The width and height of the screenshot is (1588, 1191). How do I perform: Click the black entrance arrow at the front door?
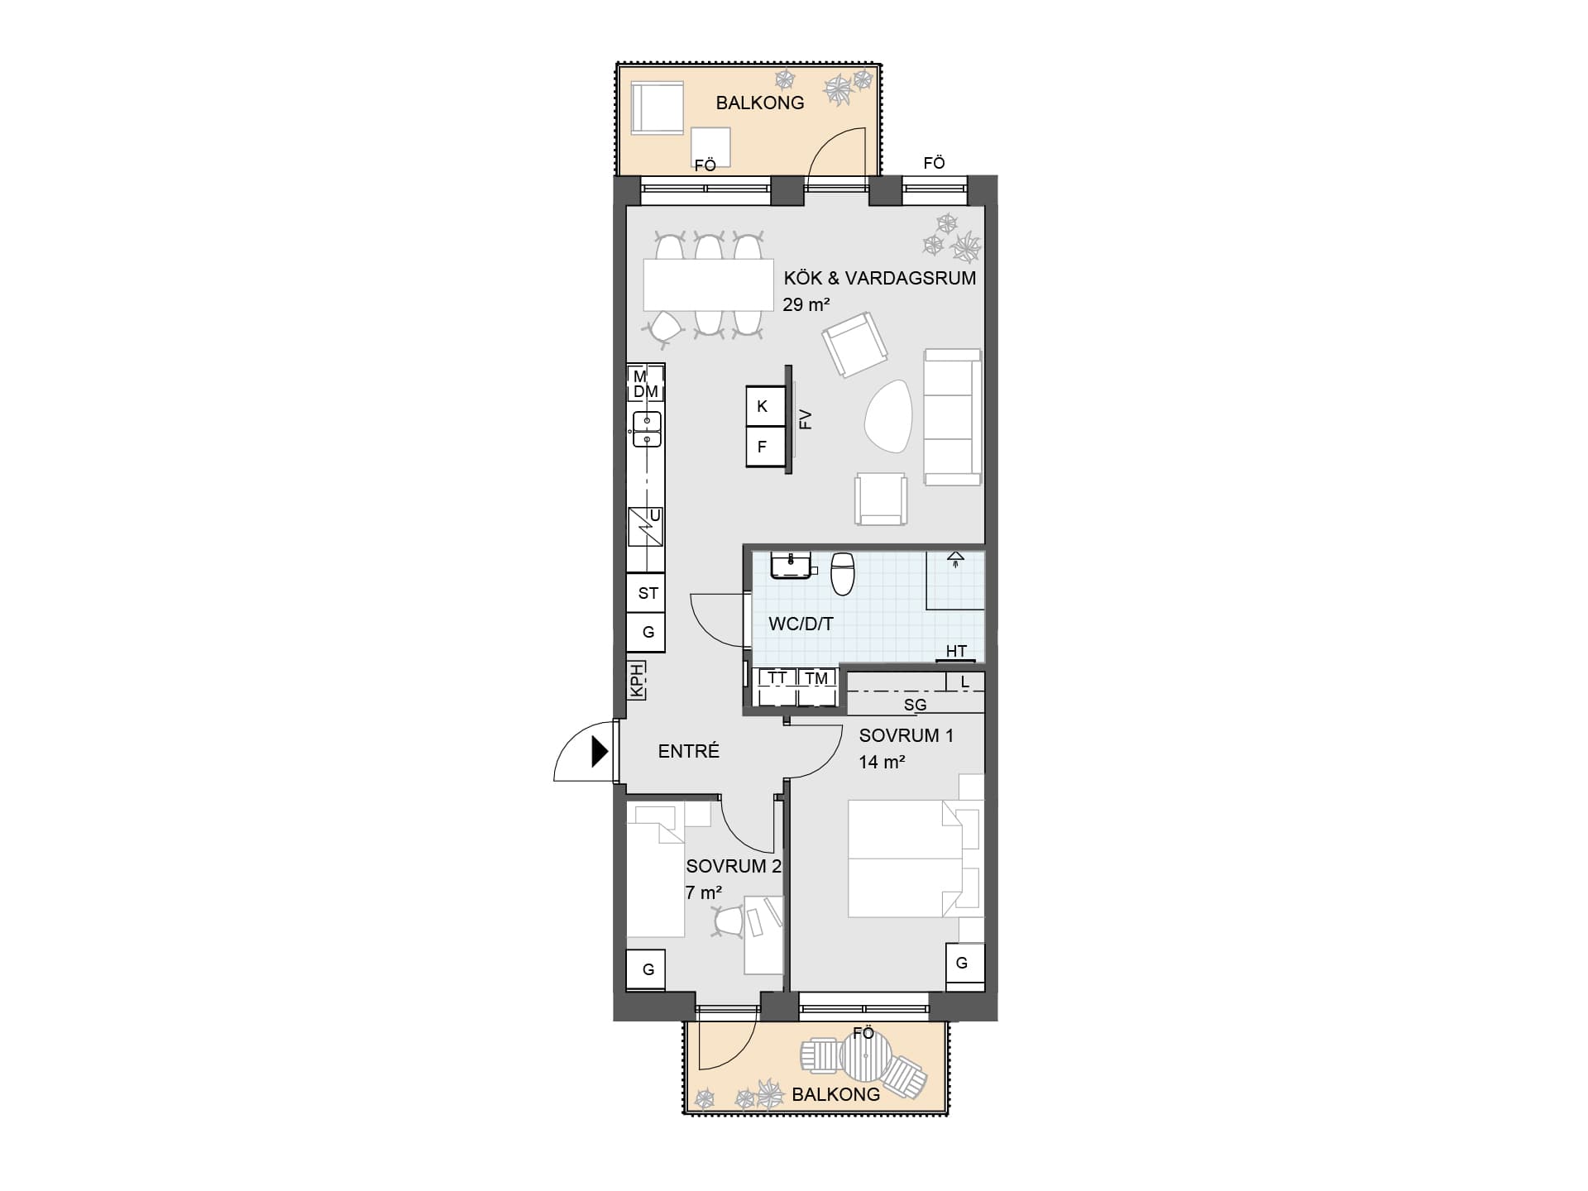point(600,752)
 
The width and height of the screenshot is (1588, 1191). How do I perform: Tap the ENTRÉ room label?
point(689,751)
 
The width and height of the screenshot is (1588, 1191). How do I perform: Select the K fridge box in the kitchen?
point(765,406)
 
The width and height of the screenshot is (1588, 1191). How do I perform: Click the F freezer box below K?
point(765,447)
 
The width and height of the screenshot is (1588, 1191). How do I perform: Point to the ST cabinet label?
point(648,593)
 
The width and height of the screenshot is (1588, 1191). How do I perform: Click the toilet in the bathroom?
point(842,573)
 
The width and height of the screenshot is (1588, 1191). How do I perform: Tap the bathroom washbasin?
point(792,566)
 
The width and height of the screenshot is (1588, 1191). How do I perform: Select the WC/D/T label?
point(801,624)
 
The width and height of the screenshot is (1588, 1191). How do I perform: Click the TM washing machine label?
point(816,678)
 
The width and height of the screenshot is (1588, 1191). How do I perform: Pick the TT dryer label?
point(777,678)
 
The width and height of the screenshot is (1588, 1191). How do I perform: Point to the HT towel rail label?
point(956,651)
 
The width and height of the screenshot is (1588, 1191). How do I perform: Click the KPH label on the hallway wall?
point(637,681)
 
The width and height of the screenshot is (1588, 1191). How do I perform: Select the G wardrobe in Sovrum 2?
point(648,969)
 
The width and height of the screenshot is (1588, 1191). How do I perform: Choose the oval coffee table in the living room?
point(888,415)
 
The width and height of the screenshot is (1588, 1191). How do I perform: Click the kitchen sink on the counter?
point(647,428)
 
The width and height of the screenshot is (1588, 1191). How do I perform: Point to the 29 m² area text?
point(806,304)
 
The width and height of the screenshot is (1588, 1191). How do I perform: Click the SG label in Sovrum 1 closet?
point(915,705)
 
